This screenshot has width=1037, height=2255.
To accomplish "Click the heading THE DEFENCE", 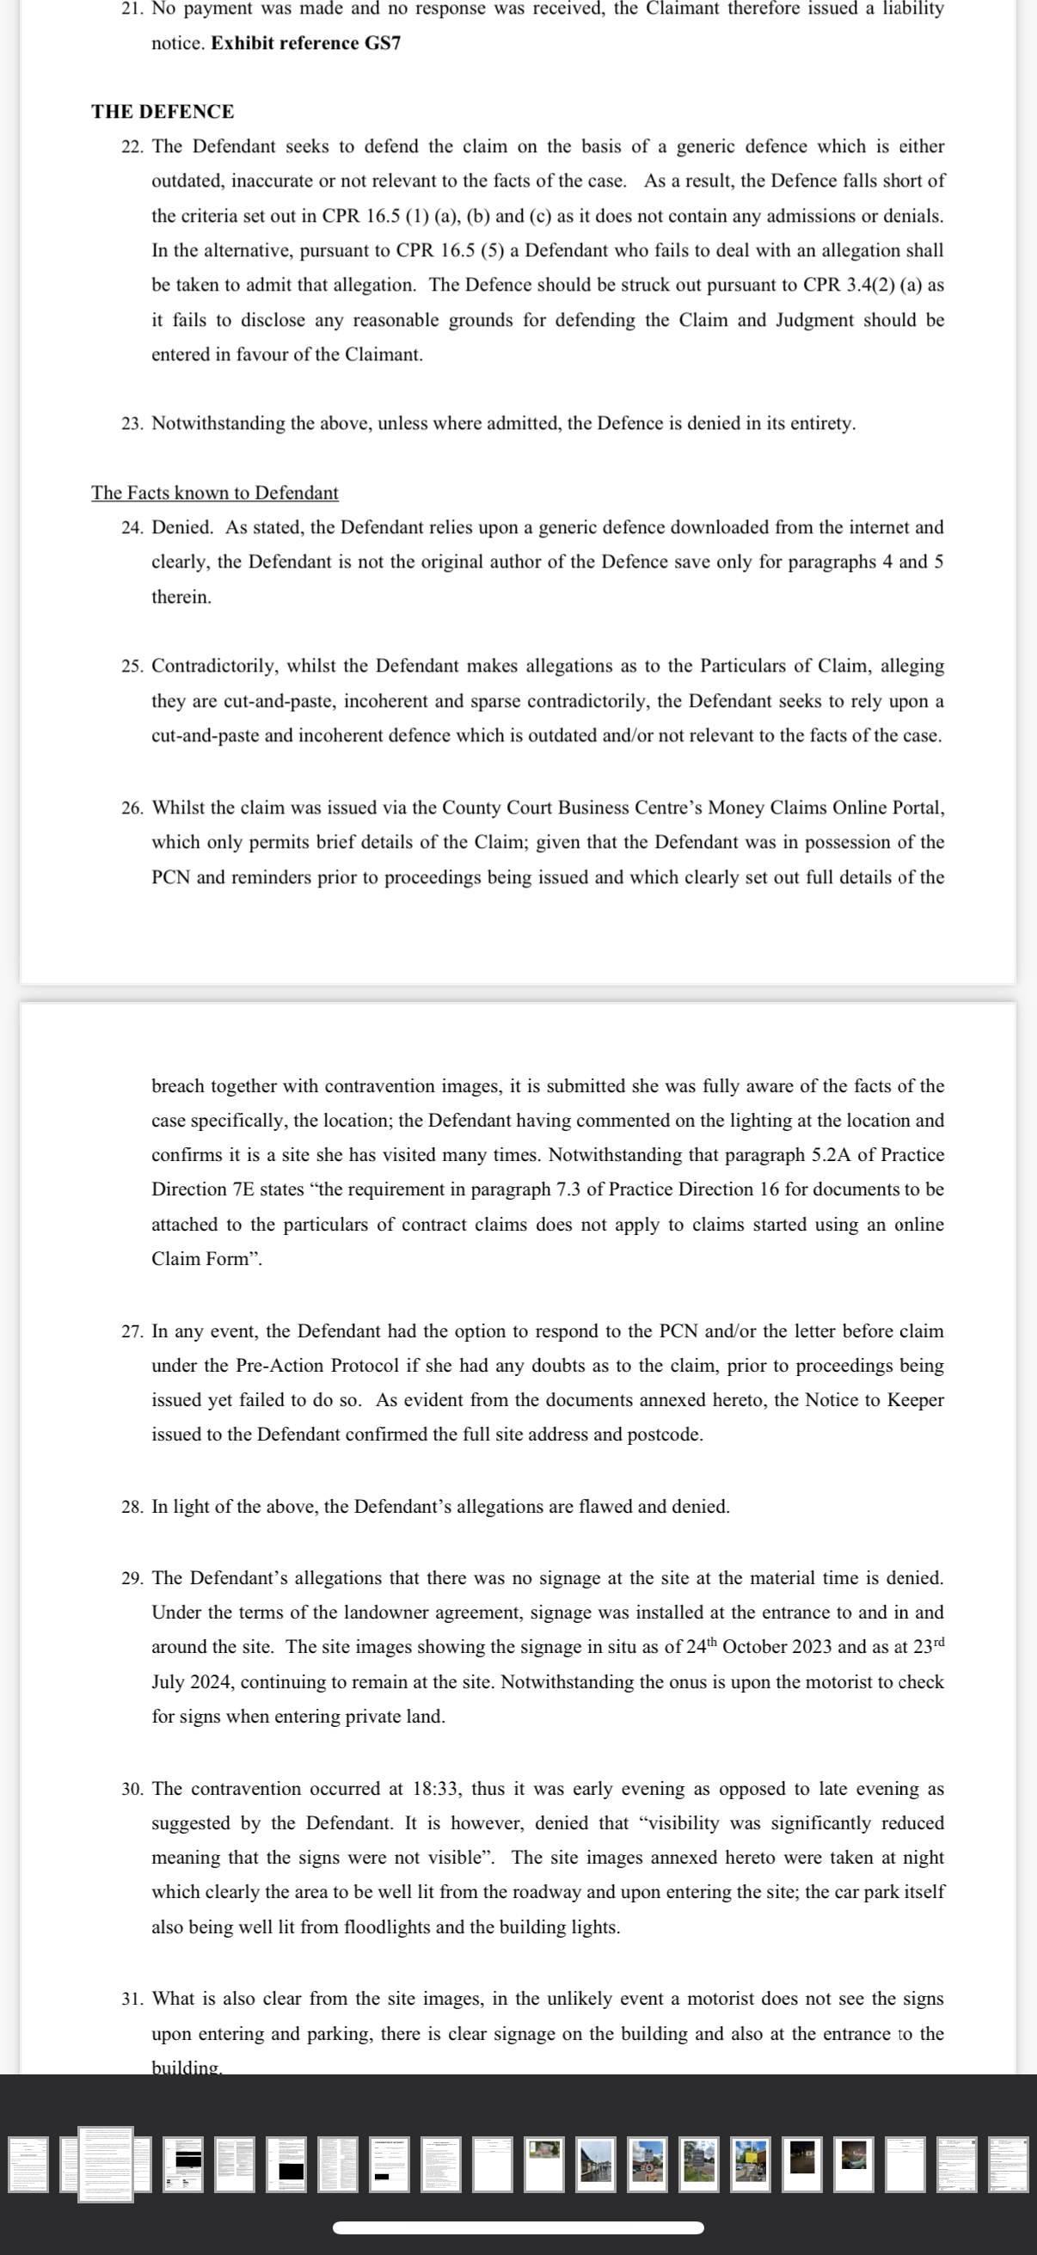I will coord(163,111).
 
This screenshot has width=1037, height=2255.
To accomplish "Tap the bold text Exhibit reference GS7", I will coord(305,43).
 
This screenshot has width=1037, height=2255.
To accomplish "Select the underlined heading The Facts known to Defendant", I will coord(214,493).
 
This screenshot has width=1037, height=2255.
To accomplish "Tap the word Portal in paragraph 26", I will coord(917,807).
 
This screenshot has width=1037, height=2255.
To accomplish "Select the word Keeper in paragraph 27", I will coord(916,1400).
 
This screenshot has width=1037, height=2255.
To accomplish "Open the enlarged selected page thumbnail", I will coord(105,2163).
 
